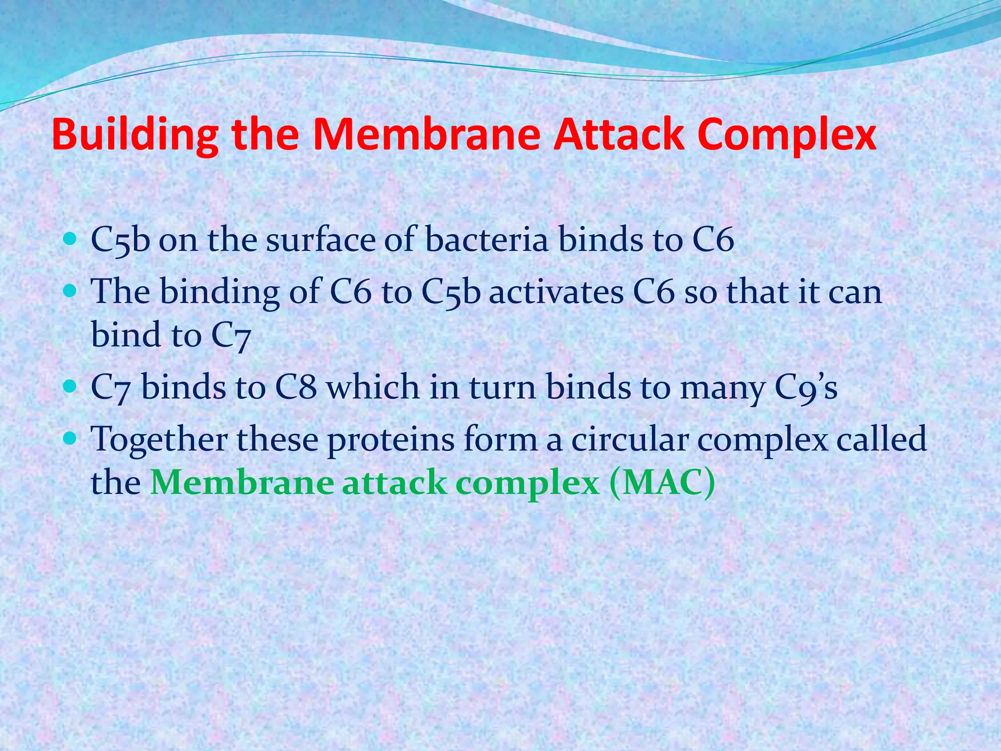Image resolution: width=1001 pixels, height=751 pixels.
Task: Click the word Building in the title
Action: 134,134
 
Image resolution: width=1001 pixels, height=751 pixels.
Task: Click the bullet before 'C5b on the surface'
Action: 70,239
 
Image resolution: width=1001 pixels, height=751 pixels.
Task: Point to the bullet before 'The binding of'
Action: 70,291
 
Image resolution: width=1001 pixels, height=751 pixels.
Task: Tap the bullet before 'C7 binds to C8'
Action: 70,387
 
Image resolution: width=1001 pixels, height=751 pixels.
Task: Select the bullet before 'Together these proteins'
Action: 70,439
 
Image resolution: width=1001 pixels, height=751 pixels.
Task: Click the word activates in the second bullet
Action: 556,292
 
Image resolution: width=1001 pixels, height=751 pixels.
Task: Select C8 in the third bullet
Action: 296,387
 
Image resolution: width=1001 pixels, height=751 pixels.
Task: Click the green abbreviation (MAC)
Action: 662,483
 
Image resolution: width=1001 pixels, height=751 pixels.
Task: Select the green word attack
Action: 394,483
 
